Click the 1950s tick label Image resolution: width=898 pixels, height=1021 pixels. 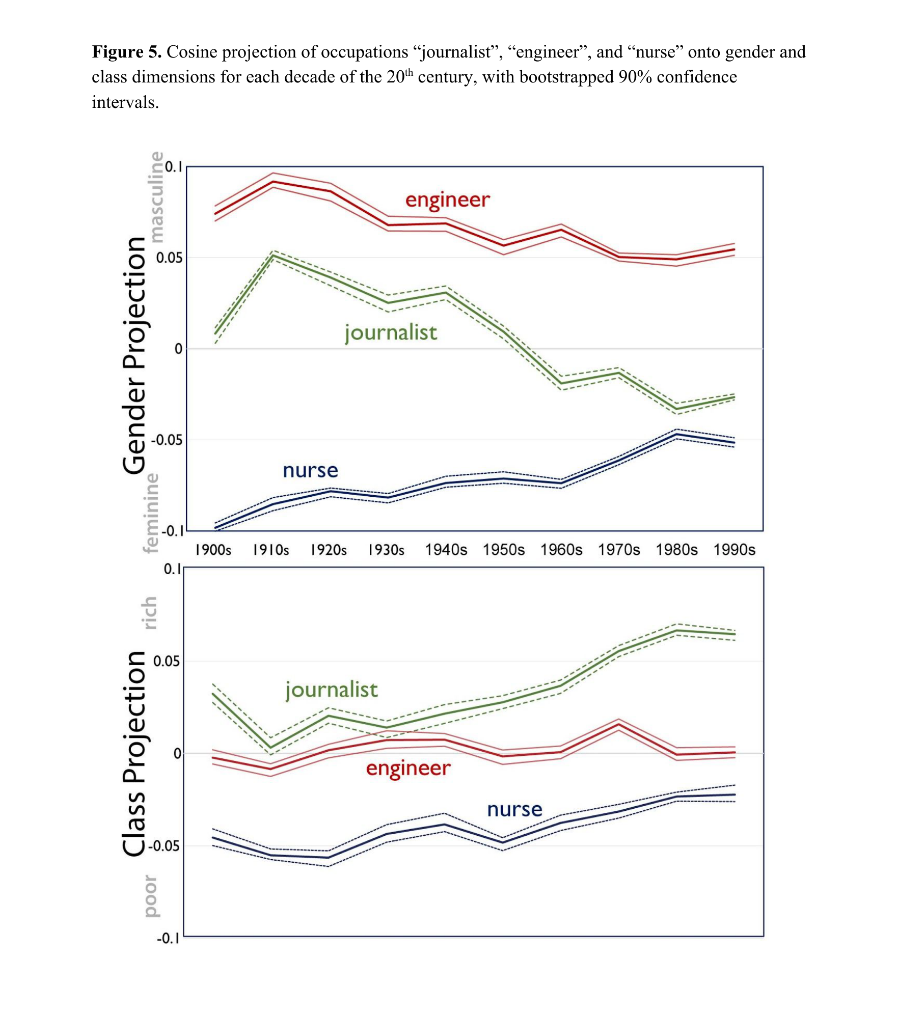tap(503, 550)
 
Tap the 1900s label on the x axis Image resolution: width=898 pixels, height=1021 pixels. tap(213, 550)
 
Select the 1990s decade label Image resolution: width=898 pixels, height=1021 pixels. tap(734, 550)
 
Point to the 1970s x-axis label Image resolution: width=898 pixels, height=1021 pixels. tap(619, 550)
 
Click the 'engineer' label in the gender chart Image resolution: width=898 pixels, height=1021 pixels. tap(447, 200)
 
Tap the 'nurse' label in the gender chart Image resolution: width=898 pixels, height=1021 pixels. tap(310, 470)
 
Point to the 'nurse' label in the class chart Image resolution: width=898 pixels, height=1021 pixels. tap(514, 810)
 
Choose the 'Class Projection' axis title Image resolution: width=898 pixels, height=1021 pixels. tap(134, 753)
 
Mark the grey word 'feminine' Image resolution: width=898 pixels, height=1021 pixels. tap(151, 513)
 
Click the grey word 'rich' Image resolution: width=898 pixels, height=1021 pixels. tap(149, 613)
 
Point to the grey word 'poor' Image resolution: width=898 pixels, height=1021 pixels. tap(150, 896)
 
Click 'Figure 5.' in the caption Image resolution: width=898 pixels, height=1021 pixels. tap(126, 52)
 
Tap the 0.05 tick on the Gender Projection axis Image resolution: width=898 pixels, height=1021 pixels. tap(169, 258)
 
